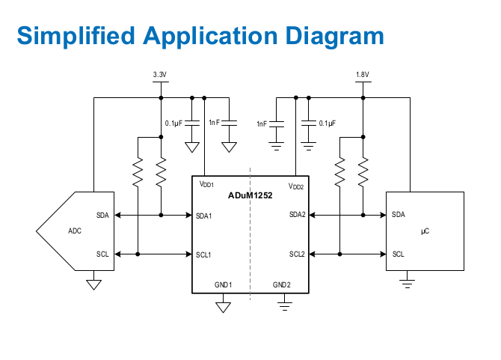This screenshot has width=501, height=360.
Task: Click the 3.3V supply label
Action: (160, 75)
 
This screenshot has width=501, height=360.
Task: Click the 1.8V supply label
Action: (363, 75)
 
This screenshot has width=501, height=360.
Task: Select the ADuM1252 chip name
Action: (250, 195)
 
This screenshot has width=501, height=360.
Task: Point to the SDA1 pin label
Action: (204, 216)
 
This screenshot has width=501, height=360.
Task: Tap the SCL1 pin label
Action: (203, 254)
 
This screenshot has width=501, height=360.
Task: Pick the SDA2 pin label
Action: (298, 215)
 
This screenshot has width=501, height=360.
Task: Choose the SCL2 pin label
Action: (297, 254)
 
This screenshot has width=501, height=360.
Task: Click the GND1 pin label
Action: (224, 284)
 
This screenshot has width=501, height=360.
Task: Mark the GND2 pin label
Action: (282, 284)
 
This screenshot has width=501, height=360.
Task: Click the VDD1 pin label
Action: (206, 184)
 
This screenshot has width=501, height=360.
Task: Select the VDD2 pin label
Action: (296, 186)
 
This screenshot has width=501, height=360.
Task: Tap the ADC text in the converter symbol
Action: (75, 231)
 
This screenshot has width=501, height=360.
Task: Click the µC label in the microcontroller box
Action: (425, 231)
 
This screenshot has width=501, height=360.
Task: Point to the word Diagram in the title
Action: (334, 36)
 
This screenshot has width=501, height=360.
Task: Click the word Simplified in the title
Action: (76, 36)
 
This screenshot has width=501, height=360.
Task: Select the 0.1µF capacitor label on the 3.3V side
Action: (173, 123)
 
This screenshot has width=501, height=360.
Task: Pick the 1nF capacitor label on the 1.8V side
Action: (262, 123)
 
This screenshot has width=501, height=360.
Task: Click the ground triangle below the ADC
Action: (94, 284)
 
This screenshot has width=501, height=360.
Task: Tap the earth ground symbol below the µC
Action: (407, 284)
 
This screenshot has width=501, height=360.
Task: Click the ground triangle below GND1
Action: (223, 308)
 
